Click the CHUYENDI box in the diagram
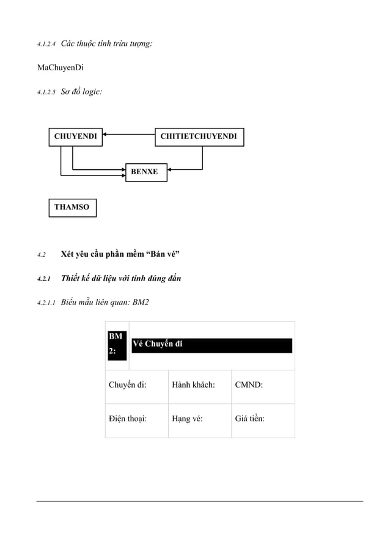[75, 136]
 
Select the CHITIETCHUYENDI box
[199, 136]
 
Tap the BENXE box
[145, 172]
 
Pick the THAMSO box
[72, 207]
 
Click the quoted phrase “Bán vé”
[161, 254]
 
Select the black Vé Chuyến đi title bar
[212, 345]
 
